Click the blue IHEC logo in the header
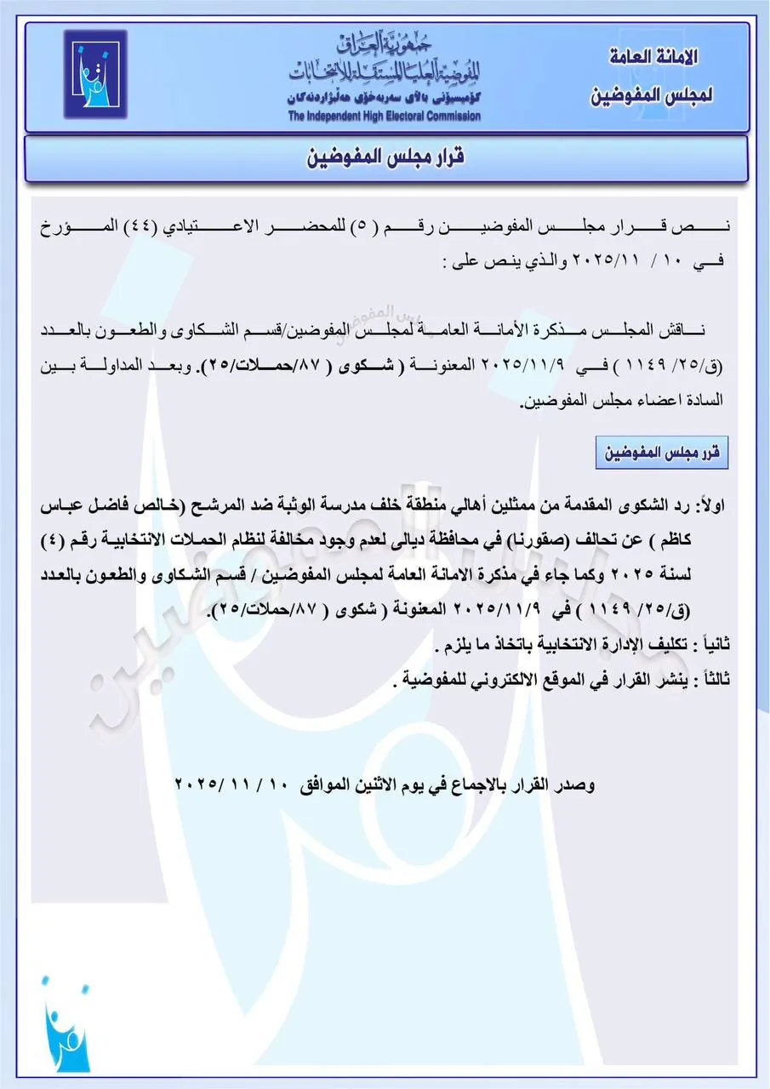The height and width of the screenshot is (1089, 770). [x=95, y=74]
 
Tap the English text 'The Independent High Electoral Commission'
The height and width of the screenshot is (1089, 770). [x=384, y=117]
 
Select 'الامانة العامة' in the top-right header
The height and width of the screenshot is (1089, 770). [x=654, y=57]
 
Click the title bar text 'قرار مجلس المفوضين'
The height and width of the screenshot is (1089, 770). [x=385, y=158]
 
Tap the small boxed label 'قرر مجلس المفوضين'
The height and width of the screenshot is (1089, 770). [x=662, y=453]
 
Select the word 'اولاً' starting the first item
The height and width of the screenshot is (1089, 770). [x=710, y=505]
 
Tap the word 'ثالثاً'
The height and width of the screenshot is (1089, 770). [x=709, y=680]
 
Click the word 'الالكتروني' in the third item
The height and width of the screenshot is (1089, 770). [x=488, y=680]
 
